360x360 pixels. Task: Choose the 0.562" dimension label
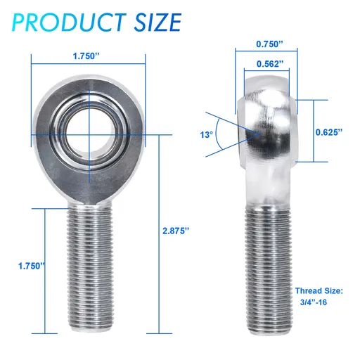[x=270, y=64]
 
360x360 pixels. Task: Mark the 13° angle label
[x=206, y=133]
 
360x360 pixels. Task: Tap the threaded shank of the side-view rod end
[x=269, y=267]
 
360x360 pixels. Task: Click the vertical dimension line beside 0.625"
[x=307, y=131]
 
